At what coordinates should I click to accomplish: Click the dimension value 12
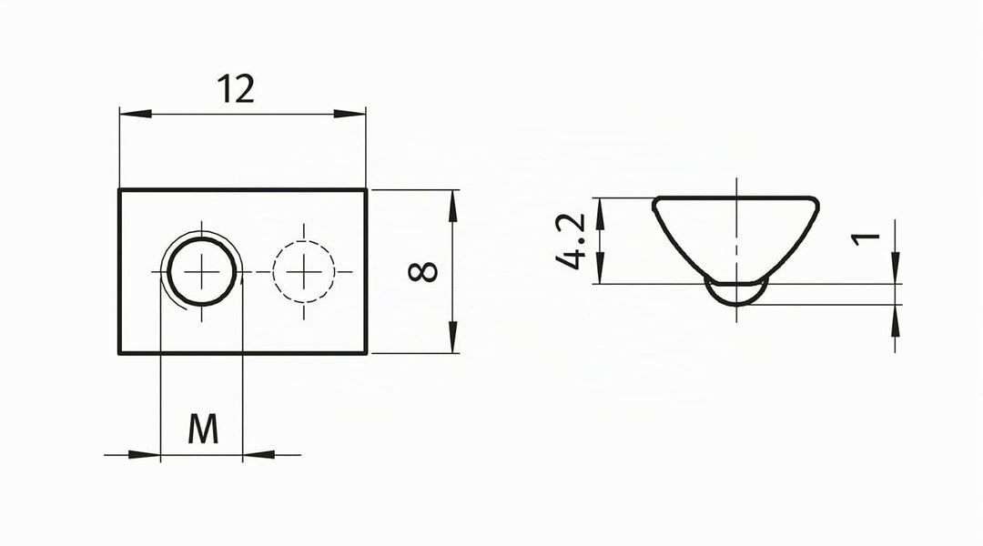click(x=236, y=89)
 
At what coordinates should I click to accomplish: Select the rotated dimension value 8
click(x=423, y=271)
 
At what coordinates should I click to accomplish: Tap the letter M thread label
click(x=203, y=429)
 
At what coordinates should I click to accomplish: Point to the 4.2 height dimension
click(x=571, y=241)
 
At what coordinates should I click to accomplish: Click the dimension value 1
click(x=866, y=238)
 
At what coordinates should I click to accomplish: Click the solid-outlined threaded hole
click(x=202, y=271)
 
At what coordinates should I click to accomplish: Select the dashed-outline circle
click(x=304, y=271)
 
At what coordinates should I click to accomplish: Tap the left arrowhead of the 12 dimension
click(x=136, y=114)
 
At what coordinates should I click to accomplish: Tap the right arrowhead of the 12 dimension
click(x=350, y=114)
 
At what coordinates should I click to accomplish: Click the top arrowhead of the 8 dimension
click(x=452, y=206)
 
